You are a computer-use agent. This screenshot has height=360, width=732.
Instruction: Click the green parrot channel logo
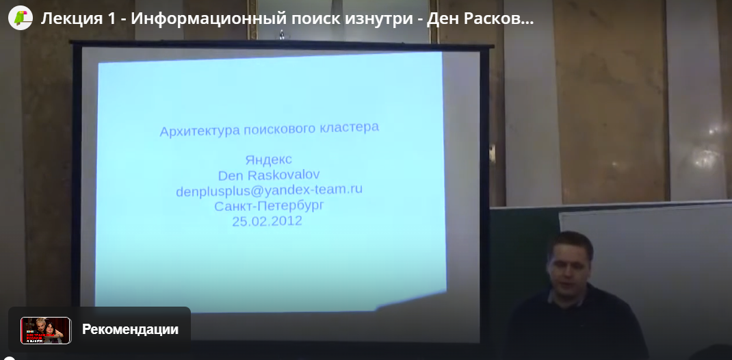pyautogui.click(x=20, y=18)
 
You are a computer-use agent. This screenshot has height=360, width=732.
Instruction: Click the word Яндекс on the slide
pyautogui.click(x=268, y=159)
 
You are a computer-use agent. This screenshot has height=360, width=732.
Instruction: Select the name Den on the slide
pyautogui.click(x=230, y=176)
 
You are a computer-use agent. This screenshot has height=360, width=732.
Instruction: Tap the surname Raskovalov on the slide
pyautogui.click(x=283, y=175)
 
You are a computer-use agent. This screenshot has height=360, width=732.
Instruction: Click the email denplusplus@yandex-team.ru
pyautogui.click(x=269, y=190)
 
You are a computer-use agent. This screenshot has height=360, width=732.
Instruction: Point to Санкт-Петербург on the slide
pyautogui.click(x=269, y=206)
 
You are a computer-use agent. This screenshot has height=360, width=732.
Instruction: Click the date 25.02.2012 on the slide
pyautogui.click(x=267, y=221)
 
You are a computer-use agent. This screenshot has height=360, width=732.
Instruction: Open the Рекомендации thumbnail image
pyautogui.click(x=46, y=330)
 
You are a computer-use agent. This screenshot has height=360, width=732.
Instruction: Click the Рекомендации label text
pyautogui.click(x=130, y=329)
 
